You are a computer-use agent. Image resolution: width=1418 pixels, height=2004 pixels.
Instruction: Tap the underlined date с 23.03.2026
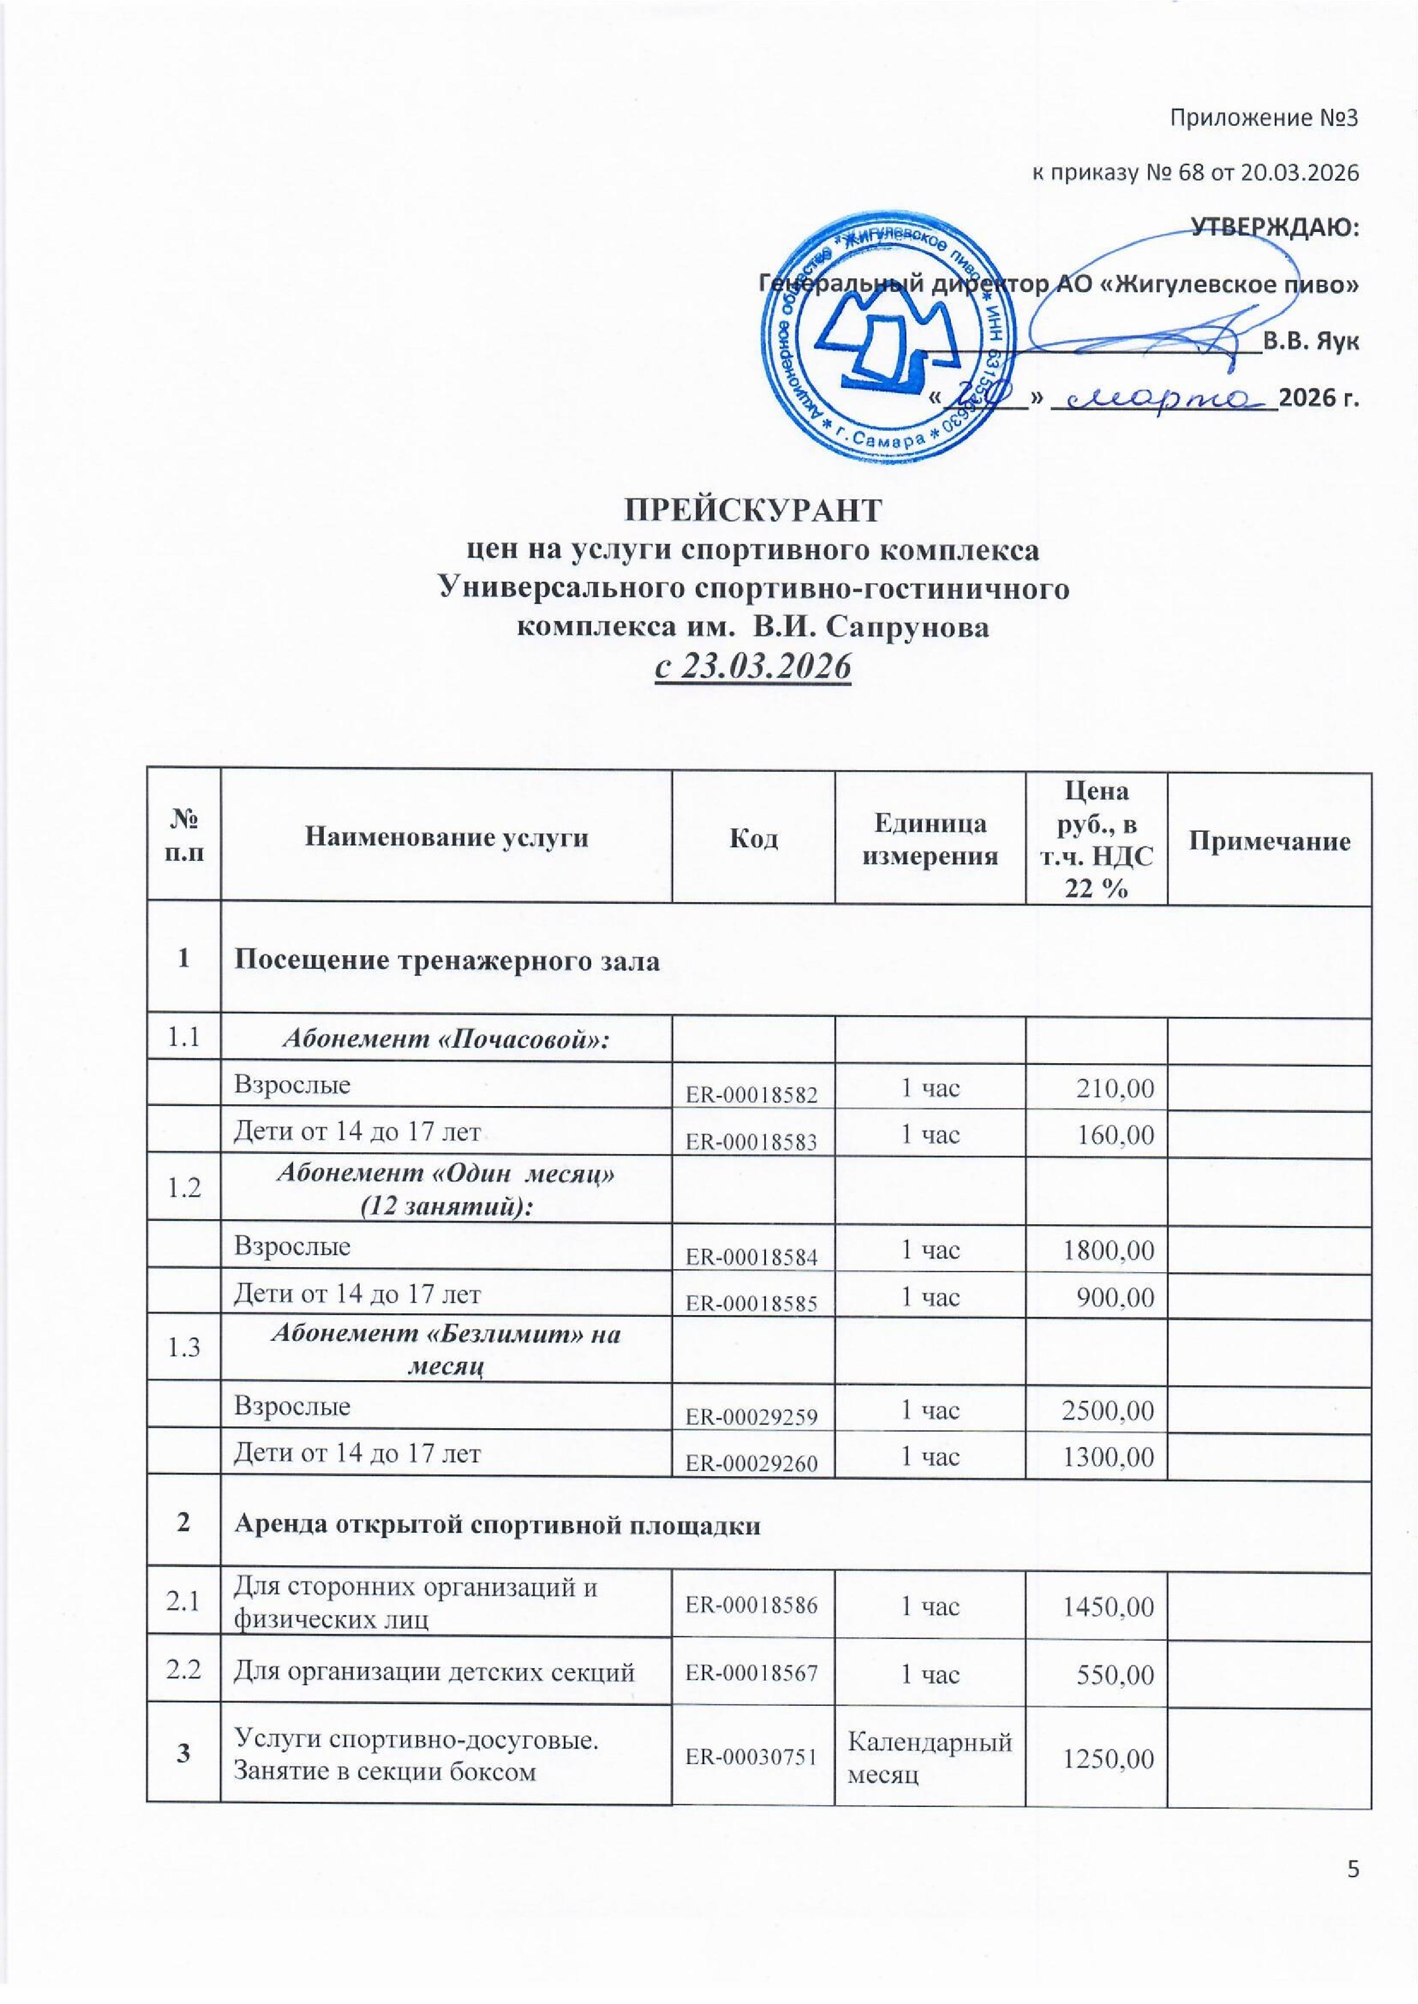[x=753, y=668]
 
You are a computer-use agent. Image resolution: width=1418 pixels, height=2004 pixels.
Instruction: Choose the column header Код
[x=753, y=838]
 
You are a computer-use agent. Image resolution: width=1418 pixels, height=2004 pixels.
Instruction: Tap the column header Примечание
[x=1269, y=840]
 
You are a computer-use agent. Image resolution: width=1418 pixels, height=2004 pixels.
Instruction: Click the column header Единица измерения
[x=930, y=838]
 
